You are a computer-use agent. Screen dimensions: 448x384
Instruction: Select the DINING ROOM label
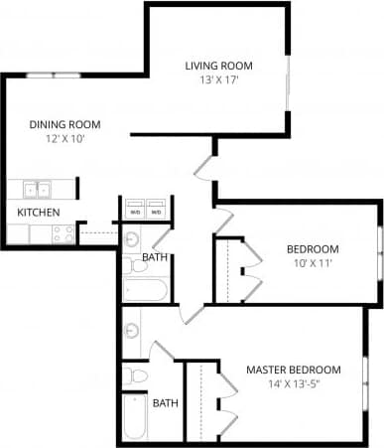tap(65, 124)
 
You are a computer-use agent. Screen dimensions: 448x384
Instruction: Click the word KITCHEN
tap(39, 213)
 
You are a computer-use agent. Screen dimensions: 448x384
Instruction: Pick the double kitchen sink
tap(39, 189)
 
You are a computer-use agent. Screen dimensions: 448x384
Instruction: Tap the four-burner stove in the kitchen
tap(64, 234)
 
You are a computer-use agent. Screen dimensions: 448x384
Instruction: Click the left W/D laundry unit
tap(134, 211)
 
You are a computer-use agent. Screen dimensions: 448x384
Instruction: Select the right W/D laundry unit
tap(155, 211)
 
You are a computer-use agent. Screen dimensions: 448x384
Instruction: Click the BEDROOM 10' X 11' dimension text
tap(313, 263)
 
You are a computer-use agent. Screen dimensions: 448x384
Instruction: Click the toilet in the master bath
tap(133, 375)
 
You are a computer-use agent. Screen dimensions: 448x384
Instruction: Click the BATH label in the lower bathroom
tap(165, 403)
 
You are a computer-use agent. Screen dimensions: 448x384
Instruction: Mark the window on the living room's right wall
tap(288, 79)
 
